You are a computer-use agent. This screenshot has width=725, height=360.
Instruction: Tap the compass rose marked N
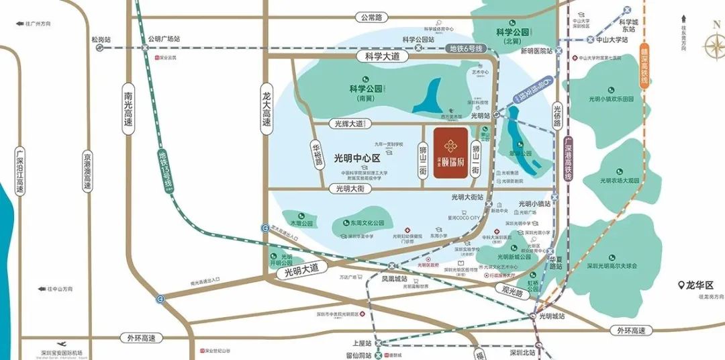tap(714, 46)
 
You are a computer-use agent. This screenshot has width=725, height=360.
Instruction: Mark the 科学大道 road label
tap(383, 58)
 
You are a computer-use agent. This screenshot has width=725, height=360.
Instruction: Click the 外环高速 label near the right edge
tap(632, 330)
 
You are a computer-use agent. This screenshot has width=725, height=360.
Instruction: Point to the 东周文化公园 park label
tap(367, 223)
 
